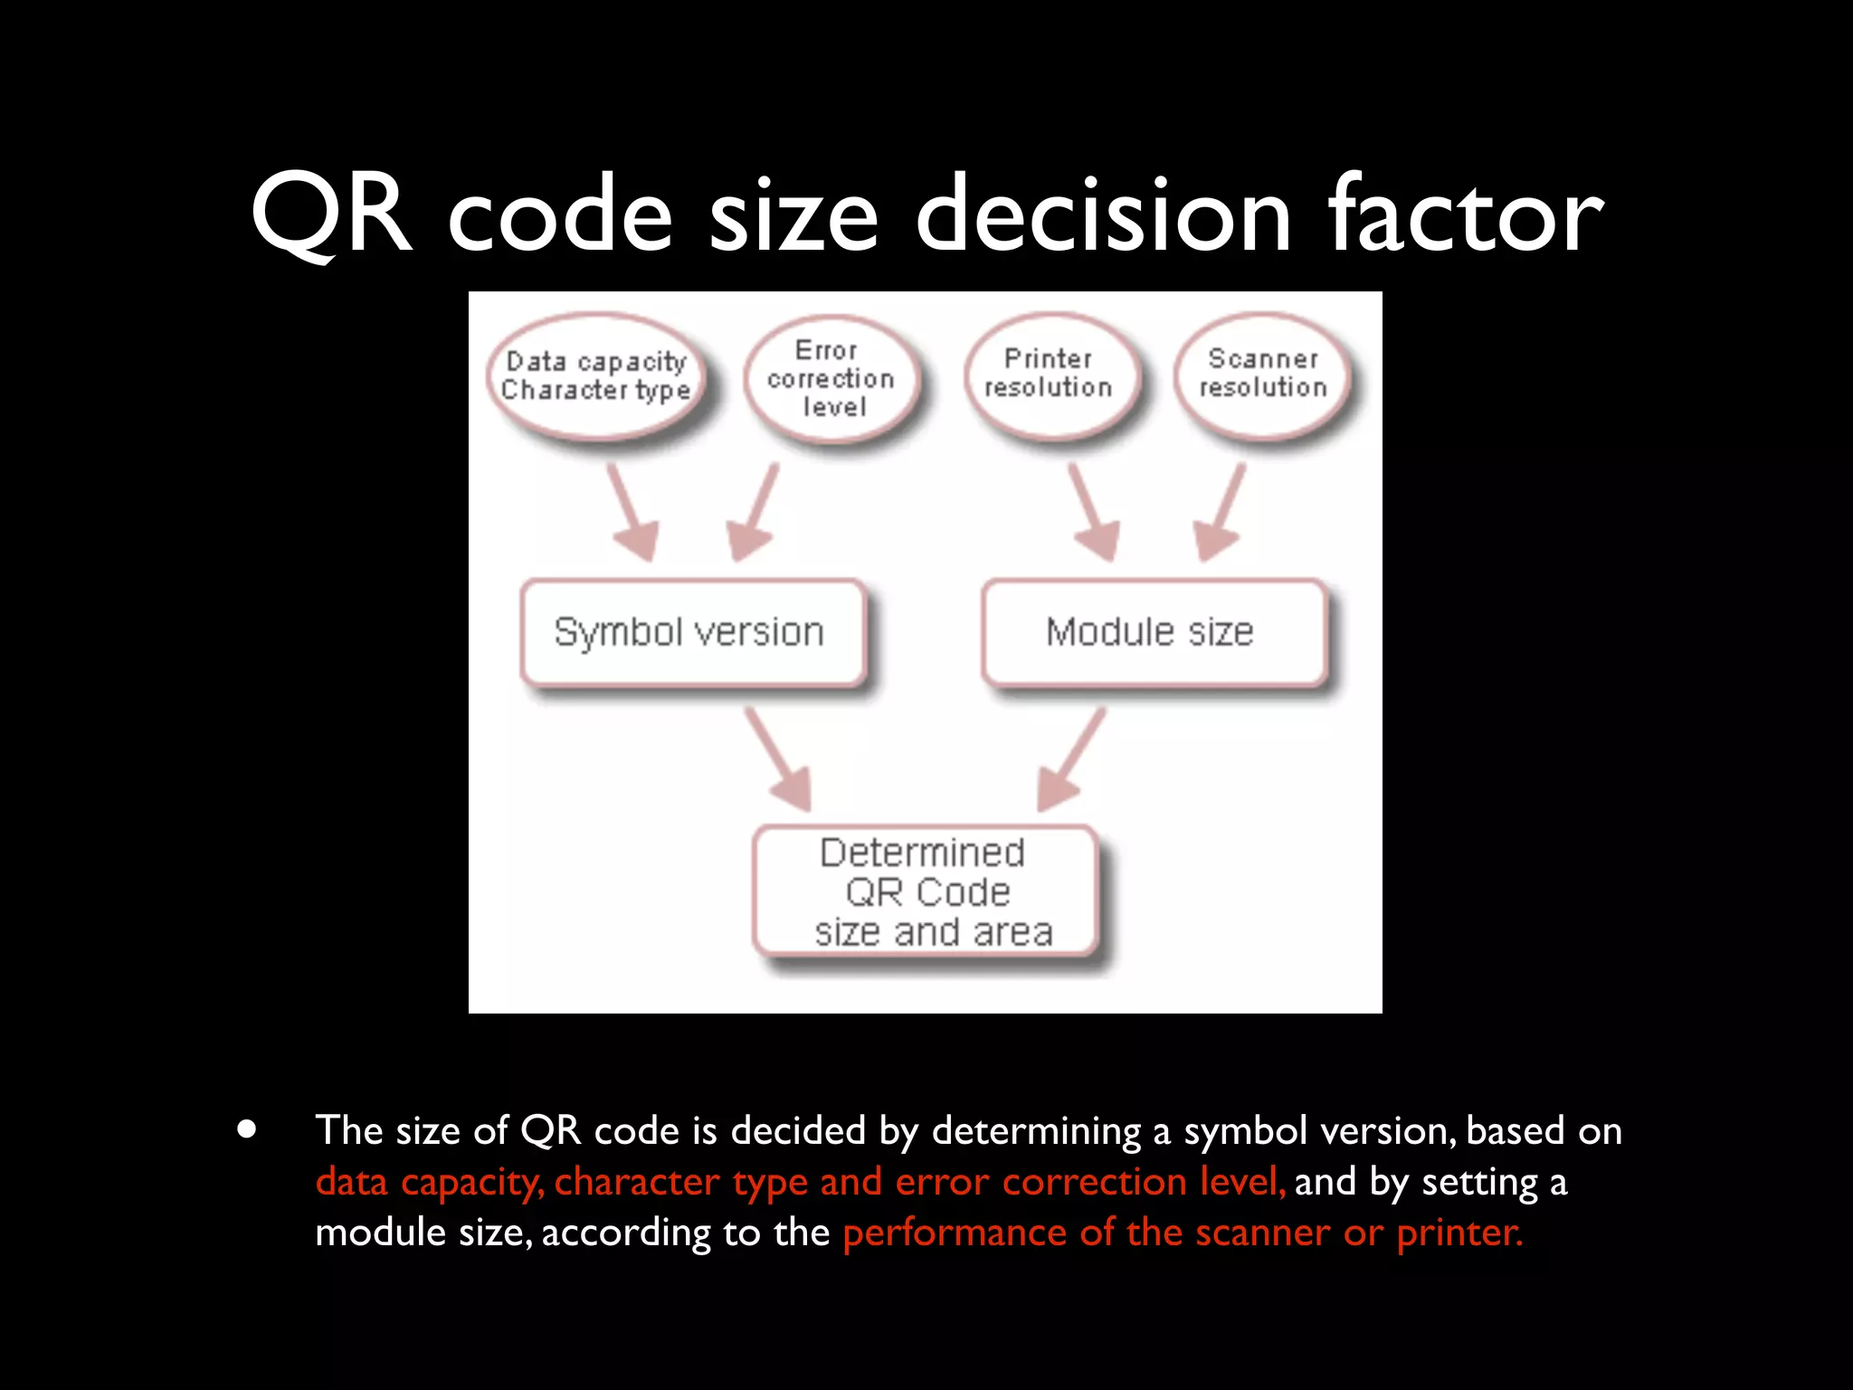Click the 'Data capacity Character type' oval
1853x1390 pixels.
coord(596,376)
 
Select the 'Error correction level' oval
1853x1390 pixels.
coord(831,378)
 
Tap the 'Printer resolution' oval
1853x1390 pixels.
coord(1049,374)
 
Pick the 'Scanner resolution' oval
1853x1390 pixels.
coord(1263,374)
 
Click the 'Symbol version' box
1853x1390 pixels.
coord(691,632)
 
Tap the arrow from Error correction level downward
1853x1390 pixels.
coord(754,513)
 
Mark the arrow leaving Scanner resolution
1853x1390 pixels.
coord(1221,513)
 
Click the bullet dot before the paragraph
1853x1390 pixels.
coord(246,1130)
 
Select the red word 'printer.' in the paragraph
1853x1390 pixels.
coord(1459,1233)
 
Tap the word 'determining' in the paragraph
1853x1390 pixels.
coord(1037,1132)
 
